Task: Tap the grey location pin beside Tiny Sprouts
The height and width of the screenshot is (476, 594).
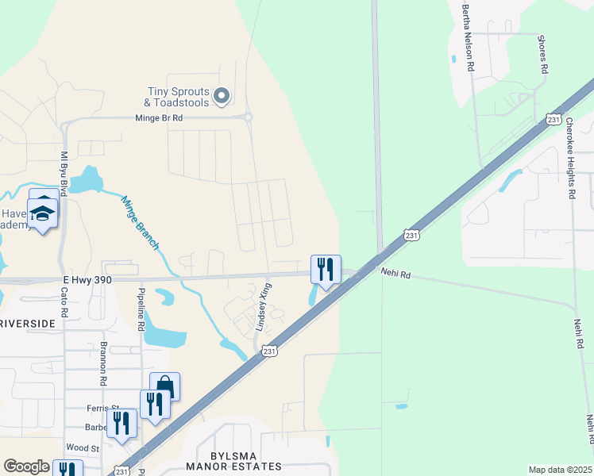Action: [222, 97]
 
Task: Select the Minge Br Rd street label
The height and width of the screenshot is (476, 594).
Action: [158, 117]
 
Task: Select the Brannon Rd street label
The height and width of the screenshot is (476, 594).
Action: [103, 363]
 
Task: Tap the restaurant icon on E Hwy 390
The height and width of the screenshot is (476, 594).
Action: [325, 270]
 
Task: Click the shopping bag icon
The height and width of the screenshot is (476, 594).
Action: [164, 386]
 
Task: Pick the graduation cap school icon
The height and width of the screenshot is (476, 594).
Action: [43, 213]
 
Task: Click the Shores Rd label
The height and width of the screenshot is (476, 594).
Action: [544, 54]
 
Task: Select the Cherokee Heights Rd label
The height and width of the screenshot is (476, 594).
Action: [570, 158]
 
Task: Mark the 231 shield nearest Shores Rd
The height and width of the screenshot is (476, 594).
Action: [553, 119]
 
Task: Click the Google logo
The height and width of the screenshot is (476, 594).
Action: [27, 466]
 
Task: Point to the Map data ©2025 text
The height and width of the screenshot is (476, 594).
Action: [560, 470]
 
